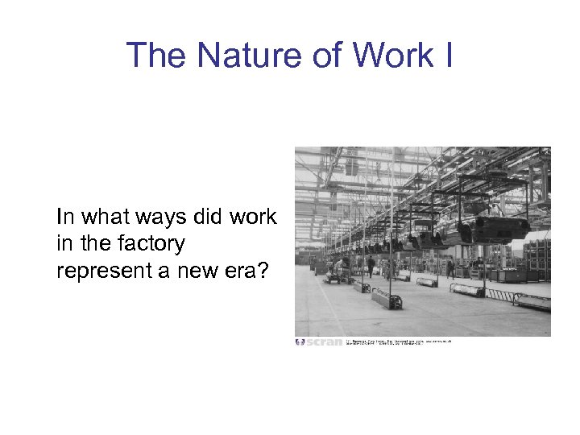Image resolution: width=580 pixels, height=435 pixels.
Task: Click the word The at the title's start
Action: pyautogui.click(x=155, y=56)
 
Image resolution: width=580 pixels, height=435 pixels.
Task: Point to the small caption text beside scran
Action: pyautogui.click(x=398, y=342)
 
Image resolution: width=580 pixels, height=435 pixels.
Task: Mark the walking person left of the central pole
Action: pyautogui.click(x=371, y=267)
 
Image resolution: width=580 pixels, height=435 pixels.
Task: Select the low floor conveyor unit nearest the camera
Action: pyautogui.click(x=386, y=299)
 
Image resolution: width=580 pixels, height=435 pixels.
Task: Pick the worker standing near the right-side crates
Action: pyautogui.click(x=450, y=268)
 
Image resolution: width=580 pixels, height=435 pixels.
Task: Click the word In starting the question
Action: pyautogui.click(x=64, y=217)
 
